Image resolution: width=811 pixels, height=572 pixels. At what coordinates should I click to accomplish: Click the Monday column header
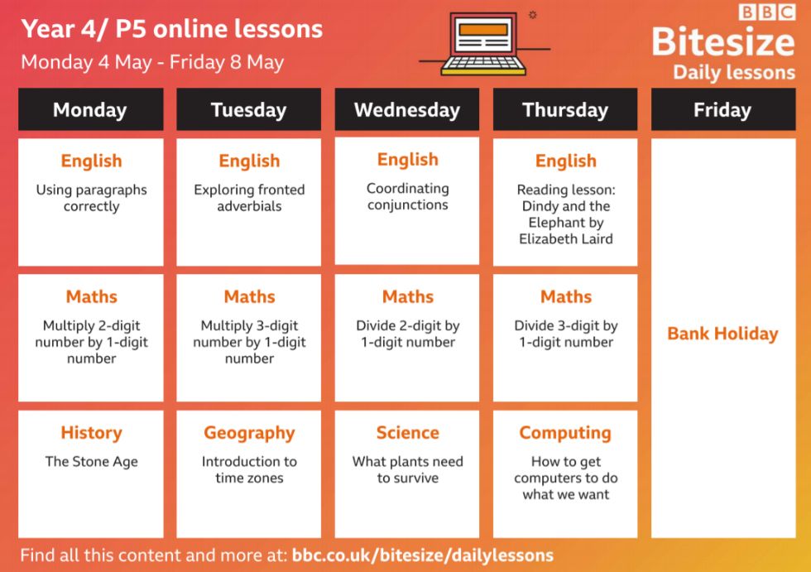[x=90, y=109]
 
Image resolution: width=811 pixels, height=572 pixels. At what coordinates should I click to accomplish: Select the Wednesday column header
[x=407, y=109]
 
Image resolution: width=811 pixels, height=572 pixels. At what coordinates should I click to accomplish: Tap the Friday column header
[x=723, y=109]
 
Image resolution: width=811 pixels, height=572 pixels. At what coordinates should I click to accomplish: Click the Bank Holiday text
[x=722, y=334]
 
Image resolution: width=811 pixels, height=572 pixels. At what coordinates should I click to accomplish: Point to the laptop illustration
[x=483, y=44]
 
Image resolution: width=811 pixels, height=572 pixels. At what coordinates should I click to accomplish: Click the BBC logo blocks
[x=767, y=12]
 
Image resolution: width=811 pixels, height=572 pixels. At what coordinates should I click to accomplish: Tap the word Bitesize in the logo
[x=723, y=41]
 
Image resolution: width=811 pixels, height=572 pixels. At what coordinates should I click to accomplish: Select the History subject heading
[x=92, y=432]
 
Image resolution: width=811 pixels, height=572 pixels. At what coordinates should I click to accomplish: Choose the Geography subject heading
[x=249, y=433]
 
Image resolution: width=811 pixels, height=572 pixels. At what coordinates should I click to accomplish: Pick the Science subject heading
[x=407, y=432]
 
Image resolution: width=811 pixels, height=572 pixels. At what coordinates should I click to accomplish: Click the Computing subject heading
[x=565, y=433]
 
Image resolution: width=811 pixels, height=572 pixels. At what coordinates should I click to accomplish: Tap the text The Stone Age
[x=92, y=461]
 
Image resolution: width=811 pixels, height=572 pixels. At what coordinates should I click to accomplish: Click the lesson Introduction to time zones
[x=249, y=469]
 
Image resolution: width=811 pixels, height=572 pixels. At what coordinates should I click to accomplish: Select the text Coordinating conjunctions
[x=407, y=196]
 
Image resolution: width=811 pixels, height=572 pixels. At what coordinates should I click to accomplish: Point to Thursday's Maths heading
[x=566, y=297]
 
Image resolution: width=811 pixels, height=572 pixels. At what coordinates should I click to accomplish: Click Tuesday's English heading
[x=249, y=161]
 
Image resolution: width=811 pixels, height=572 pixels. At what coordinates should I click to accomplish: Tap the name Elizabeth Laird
[x=566, y=239]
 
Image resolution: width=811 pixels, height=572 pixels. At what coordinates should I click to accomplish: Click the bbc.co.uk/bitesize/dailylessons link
[x=423, y=555]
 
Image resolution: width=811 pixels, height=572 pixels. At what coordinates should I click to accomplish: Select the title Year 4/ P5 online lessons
[x=172, y=29]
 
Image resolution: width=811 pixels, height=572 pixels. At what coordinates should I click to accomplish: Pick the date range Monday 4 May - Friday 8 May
[x=152, y=63]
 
